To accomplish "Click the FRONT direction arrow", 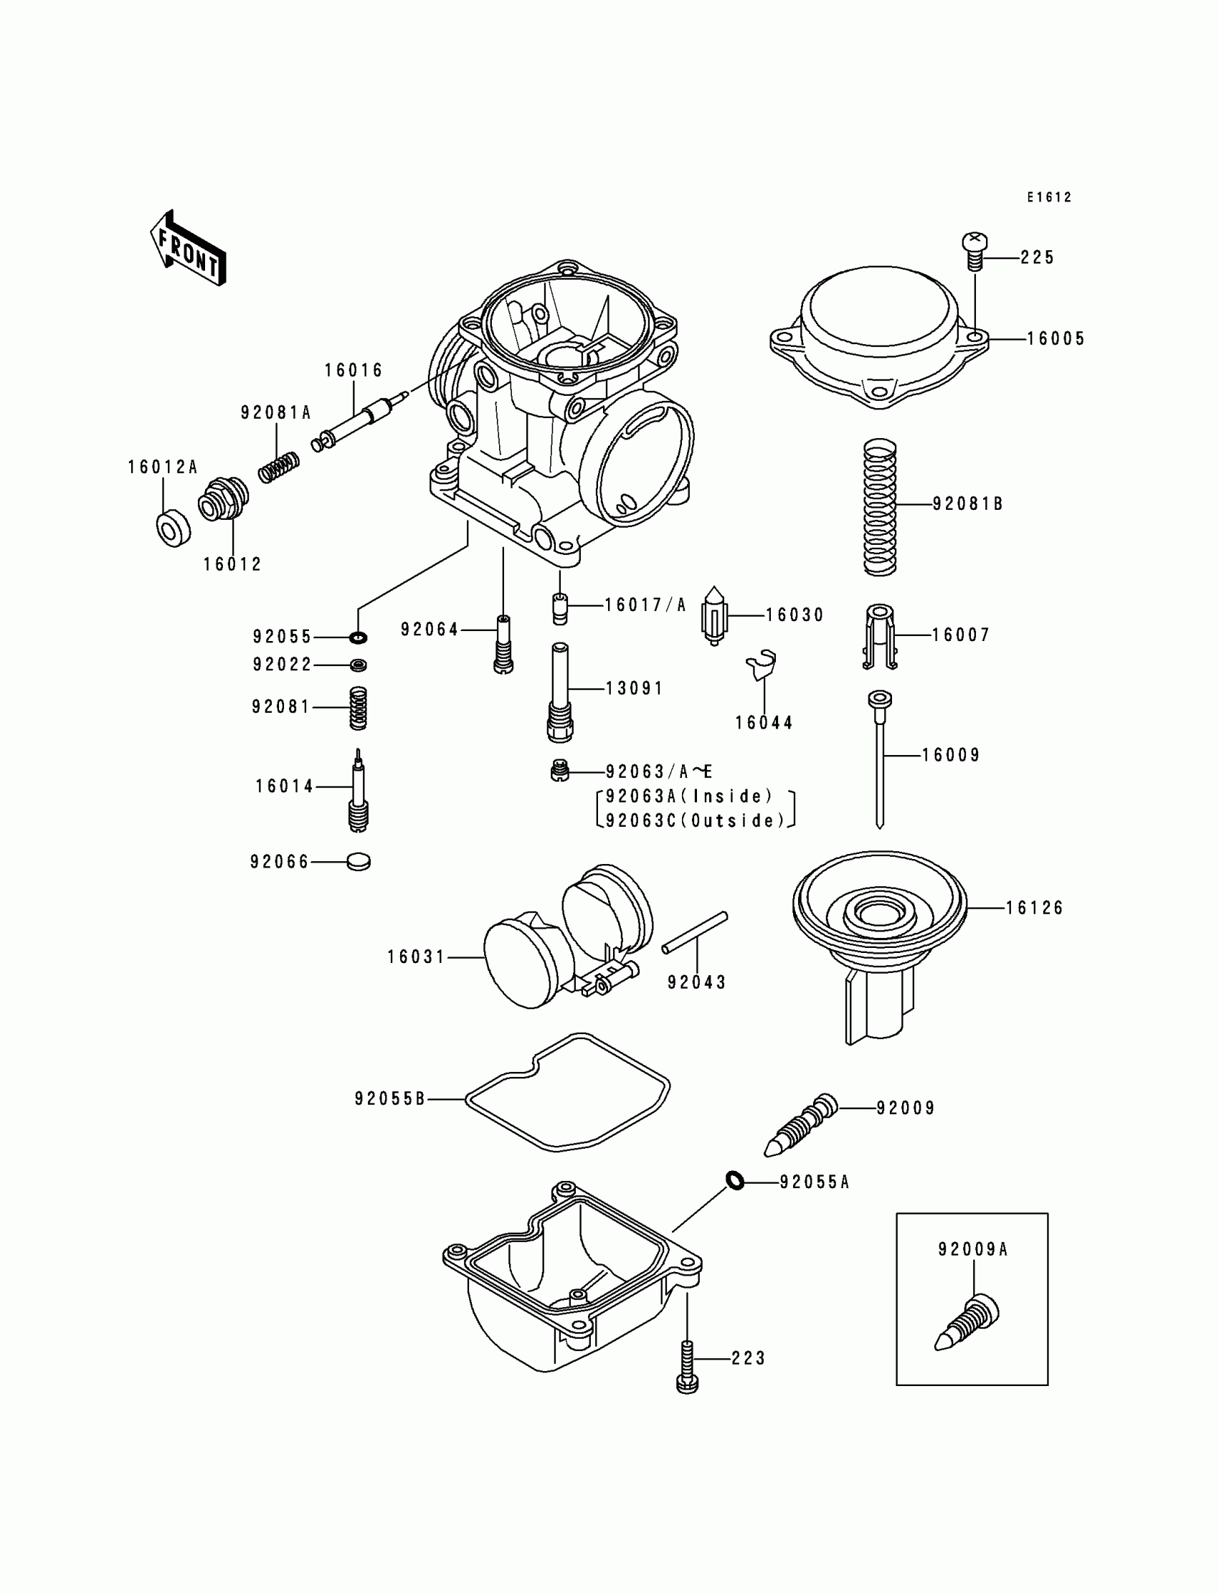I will click(x=188, y=248).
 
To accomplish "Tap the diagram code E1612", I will click(x=1048, y=197).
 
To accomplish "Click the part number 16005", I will click(x=1056, y=339).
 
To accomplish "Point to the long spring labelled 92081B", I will click(x=880, y=507).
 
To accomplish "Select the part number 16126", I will click(x=1034, y=908).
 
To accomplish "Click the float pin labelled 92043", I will click(x=694, y=933).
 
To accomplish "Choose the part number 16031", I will click(x=416, y=957).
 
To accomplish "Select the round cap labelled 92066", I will click(x=359, y=862).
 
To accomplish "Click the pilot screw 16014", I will click(x=358, y=791).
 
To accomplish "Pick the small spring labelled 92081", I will click(x=358, y=708).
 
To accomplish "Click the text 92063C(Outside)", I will click(x=695, y=820).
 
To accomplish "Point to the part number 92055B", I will click(x=389, y=1099).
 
